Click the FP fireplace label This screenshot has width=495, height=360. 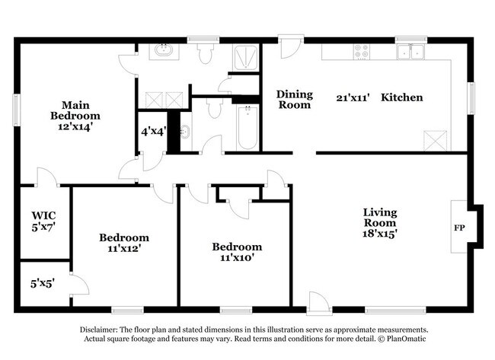[x=459, y=228]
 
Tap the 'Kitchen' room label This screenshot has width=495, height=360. [x=401, y=97]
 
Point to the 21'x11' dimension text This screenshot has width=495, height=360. [x=352, y=97]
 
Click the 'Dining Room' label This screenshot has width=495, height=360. [x=294, y=100]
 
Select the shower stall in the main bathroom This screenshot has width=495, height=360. [x=245, y=57]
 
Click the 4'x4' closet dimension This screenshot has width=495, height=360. [x=152, y=130]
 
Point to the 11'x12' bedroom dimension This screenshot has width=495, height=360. [x=123, y=247]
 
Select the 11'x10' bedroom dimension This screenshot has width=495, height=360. [x=236, y=257]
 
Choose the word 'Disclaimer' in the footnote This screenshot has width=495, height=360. [x=104, y=330]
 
